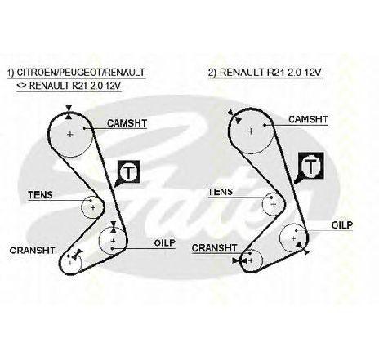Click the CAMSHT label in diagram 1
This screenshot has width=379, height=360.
pyautogui.click(x=127, y=123)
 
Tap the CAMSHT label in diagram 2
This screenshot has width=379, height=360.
pyautogui.click(x=308, y=119)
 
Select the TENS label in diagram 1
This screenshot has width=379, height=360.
pyautogui.click(x=40, y=195)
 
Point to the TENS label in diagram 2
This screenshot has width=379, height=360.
pyautogui.click(x=221, y=192)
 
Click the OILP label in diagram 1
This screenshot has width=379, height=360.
pyautogui.click(x=165, y=242)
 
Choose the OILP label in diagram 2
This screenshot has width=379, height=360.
pyautogui.click(x=342, y=225)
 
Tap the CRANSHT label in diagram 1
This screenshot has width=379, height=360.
pyautogui.click(x=32, y=251)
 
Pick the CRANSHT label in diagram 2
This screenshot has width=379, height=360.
pyautogui.click(x=214, y=248)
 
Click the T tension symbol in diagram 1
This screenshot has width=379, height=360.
pyautogui.click(x=128, y=171)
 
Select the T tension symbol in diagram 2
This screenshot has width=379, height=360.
pyautogui.click(x=311, y=166)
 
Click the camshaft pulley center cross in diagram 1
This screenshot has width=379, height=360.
pyautogui.click(x=70, y=134)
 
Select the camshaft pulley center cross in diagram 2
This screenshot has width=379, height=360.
pyautogui.click(x=251, y=131)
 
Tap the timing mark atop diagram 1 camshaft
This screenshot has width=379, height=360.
pyautogui.click(x=69, y=112)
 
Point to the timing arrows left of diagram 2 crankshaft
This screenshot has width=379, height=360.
pyautogui.click(x=240, y=260)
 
